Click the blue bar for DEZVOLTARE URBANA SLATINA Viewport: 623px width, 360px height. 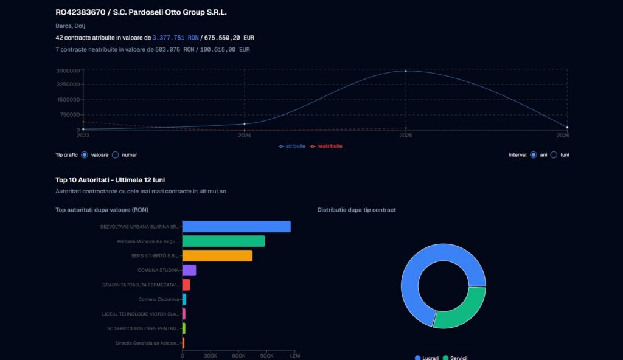(x=236, y=226)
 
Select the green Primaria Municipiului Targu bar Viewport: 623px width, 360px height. (x=223, y=241)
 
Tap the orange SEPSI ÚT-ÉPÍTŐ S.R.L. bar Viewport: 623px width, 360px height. (x=217, y=256)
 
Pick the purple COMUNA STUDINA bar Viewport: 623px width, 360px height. (x=189, y=271)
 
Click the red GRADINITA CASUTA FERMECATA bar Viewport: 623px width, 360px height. (x=186, y=285)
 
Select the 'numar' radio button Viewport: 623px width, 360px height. (x=115, y=155)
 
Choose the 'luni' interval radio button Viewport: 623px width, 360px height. (x=554, y=155)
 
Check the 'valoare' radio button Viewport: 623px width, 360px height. (x=84, y=155)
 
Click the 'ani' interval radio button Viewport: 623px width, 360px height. (x=534, y=155)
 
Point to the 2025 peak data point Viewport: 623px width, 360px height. (x=406, y=71)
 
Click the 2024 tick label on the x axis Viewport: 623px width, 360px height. (x=245, y=136)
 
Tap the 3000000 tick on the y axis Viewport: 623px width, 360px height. (x=68, y=71)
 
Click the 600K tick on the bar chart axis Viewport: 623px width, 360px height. (x=238, y=356)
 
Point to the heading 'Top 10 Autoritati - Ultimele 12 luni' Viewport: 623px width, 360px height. (x=110, y=180)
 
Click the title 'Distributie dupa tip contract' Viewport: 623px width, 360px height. (x=357, y=210)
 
